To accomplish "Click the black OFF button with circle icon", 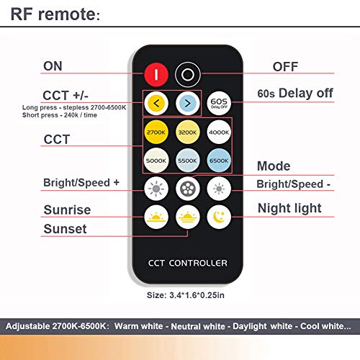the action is pyautogui.click(x=188, y=75).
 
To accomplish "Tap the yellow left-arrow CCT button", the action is pyautogui.click(x=156, y=104).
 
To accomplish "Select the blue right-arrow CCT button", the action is pyautogui.click(x=188, y=104).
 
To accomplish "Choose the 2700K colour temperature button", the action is pyautogui.click(x=156, y=132).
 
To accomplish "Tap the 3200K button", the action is pyautogui.click(x=188, y=132).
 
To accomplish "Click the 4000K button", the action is pyautogui.click(x=219, y=132).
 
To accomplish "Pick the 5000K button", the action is pyautogui.click(x=156, y=161).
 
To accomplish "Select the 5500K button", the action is pyautogui.click(x=188, y=161).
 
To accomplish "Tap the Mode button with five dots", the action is pyautogui.click(x=188, y=189).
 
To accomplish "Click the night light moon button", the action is pyautogui.click(x=219, y=217).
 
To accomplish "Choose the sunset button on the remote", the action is pyautogui.click(x=188, y=217).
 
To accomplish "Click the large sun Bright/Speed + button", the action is pyautogui.click(x=156, y=189).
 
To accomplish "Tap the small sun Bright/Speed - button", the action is pyautogui.click(x=219, y=189).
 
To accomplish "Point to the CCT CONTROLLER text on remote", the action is pyautogui.click(x=188, y=263).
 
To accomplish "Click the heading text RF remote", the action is pyautogui.click(x=55, y=14).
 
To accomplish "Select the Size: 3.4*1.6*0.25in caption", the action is pyautogui.click(x=186, y=295).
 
